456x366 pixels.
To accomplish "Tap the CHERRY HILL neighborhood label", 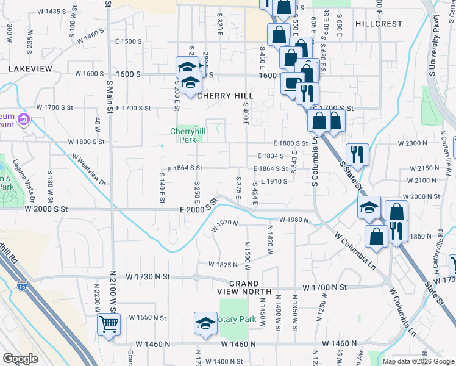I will click(224, 96).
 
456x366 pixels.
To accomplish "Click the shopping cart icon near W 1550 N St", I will click(109, 325).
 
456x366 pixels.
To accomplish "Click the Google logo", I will click(20, 359).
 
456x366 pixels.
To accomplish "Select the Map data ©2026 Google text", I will click(418, 361).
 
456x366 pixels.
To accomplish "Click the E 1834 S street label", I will click(271, 156).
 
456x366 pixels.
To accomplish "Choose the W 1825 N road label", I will click(222, 265).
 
